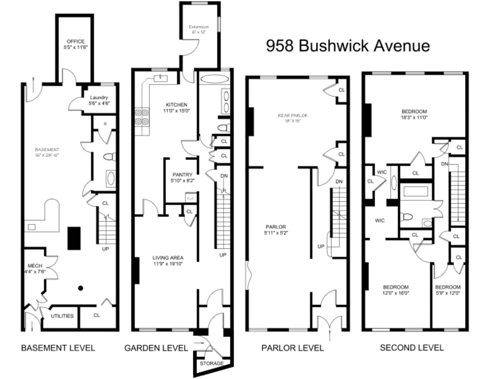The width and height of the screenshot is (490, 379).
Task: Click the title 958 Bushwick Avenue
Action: [348, 46]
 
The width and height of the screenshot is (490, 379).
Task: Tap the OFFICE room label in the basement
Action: [75, 44]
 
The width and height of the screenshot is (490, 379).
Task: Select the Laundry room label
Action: [99, 100]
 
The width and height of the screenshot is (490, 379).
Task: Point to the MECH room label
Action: [35, 268]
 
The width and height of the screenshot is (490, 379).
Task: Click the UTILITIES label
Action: [62, 316]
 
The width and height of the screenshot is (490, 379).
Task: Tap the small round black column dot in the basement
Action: [80, 288]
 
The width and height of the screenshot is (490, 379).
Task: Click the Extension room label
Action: [199, 29]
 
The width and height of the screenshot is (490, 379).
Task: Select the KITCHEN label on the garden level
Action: [176, 107]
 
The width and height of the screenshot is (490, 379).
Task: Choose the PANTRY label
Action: [182, 177]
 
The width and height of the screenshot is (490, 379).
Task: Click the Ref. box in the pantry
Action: [190, 198]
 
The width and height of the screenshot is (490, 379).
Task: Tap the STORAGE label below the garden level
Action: [212, 363]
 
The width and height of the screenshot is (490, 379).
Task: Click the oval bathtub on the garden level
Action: [214, 79]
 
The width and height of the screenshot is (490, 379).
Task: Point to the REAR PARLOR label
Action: [293, 118]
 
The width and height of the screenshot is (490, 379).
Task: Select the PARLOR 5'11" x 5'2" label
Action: [276, 230]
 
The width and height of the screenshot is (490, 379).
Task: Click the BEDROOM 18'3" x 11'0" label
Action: [414, 114]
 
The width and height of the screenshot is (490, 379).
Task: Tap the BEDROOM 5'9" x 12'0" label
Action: [448, 290]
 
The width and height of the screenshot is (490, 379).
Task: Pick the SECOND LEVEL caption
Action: [412, 348]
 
